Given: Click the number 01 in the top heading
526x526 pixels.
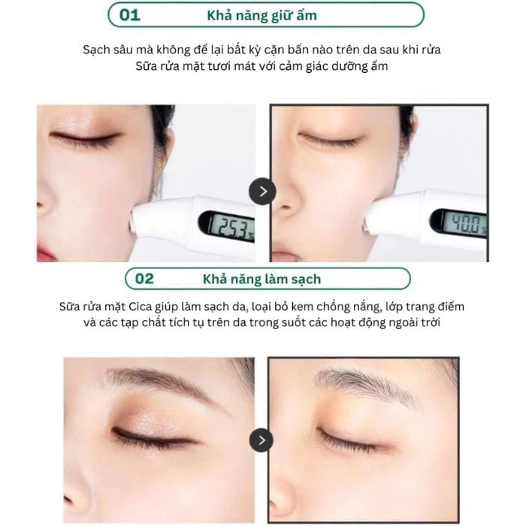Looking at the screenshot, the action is point(129,15).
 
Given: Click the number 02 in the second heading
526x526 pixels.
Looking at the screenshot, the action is point(144,279).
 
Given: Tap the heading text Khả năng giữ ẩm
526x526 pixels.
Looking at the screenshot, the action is point(261,16).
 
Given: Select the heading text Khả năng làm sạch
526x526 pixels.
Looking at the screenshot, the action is point(261,279).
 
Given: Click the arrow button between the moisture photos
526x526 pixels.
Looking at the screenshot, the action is point(262,191).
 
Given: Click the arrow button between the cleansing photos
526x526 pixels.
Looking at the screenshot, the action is point(261,440).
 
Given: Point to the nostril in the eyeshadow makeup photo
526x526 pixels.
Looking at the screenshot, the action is point(68,500).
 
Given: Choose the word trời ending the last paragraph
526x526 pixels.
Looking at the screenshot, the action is point(431,322).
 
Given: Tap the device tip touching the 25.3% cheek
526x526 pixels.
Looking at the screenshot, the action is point(135,222).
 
